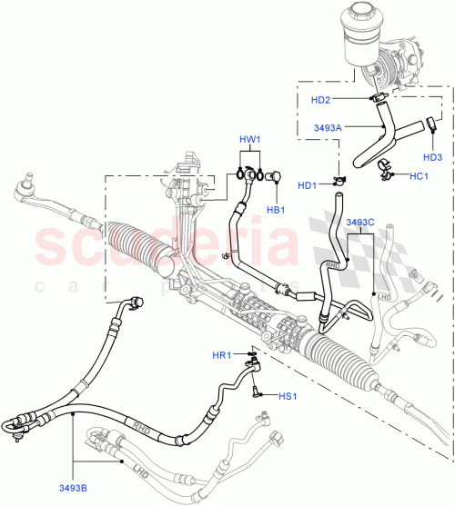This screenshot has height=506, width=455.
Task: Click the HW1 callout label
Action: [250, 141]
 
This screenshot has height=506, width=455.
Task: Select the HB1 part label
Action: [274, 211]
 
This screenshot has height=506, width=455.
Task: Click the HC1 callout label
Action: [420, 174]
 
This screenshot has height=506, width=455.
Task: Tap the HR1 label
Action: [222, 355]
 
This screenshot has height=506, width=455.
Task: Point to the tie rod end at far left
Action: [26, 193]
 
